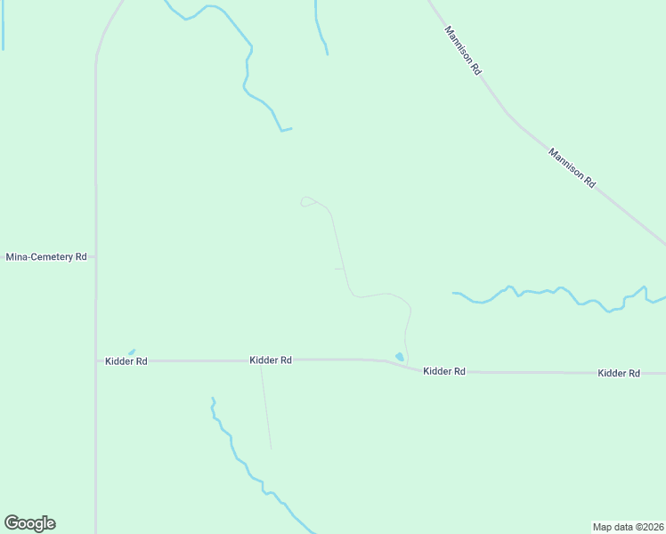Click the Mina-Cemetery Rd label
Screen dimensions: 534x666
[46, 257]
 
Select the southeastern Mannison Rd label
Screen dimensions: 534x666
[571, 166]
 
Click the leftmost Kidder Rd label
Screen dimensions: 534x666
[126, 361]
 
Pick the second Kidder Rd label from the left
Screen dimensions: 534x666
[271, 360]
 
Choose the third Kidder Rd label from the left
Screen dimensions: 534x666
[444, 371]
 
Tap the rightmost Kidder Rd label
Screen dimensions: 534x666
[619, 373]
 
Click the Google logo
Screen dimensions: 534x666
[29, 523]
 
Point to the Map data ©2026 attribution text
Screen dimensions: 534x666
[628, 526]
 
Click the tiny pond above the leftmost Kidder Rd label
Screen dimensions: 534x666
[132, 352]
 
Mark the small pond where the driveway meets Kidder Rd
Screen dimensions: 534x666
[400, 357]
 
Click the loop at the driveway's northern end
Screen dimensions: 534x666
[307, 202]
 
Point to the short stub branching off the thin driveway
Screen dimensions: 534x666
[338, 269]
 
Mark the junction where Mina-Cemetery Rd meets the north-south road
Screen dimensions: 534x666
[96, 256]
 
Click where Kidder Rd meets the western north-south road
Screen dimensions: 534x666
[96, 360]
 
